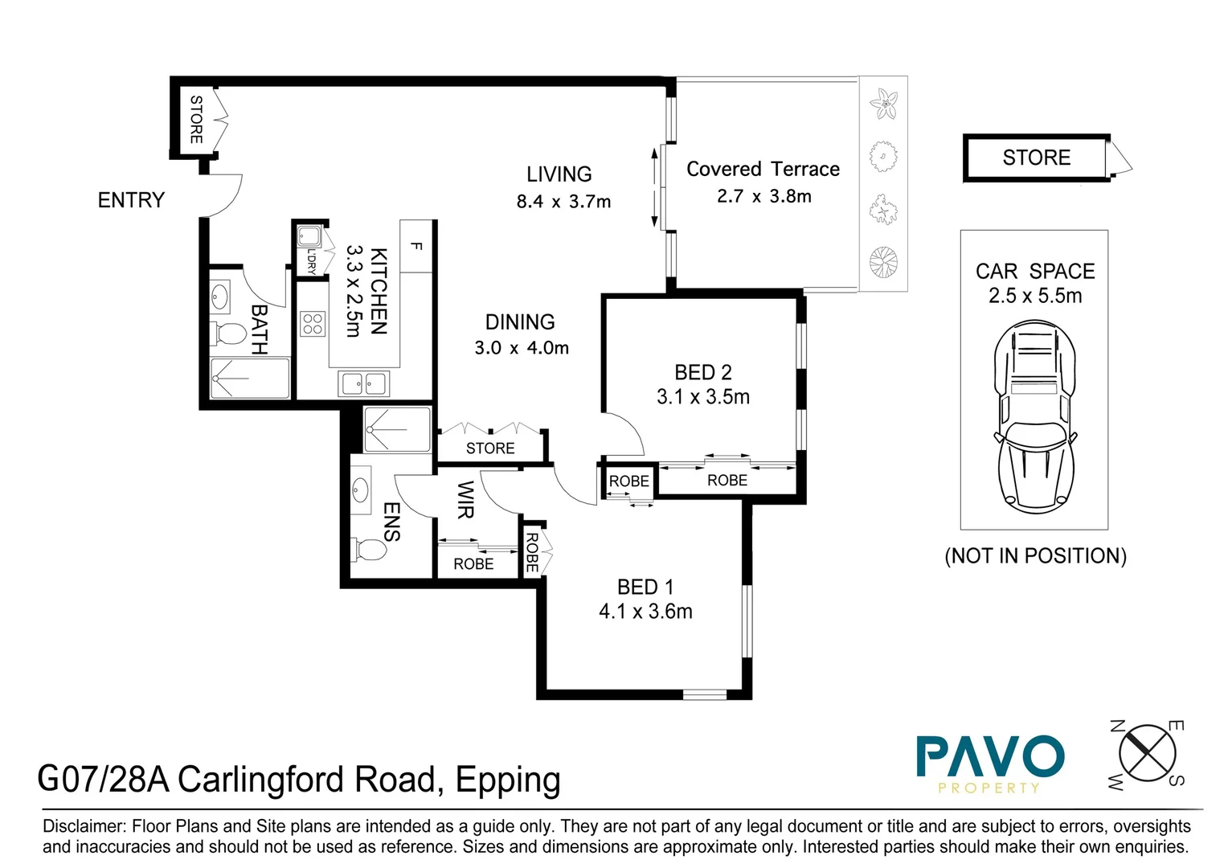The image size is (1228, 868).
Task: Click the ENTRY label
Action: point(131,200)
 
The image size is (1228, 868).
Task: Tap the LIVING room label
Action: point(559,174)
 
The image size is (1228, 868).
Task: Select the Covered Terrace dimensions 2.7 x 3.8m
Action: point(764,196)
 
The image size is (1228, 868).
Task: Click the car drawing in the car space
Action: point(1035,417)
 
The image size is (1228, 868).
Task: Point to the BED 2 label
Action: point(703,372)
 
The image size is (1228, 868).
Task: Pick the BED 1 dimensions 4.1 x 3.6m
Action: point(646,611)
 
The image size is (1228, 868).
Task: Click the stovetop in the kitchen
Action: point(313,324)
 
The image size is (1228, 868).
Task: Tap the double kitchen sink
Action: point(363,383)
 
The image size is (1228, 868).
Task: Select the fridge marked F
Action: point(416,246)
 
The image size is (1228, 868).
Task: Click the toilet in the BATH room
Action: point(228,334)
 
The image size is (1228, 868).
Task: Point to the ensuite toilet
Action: point(369,550)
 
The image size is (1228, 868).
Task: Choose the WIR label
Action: point(465,500)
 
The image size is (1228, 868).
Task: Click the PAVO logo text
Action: point(990,756)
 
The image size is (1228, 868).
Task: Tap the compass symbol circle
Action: point(1147,753)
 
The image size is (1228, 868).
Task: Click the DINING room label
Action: point(520,321)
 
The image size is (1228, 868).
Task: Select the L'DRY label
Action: point(311,261)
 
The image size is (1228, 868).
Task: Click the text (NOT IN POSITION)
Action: point(1036,556)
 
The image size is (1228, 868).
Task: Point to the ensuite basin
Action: point(361,489)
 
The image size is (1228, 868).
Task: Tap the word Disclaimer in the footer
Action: point(84,826)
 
